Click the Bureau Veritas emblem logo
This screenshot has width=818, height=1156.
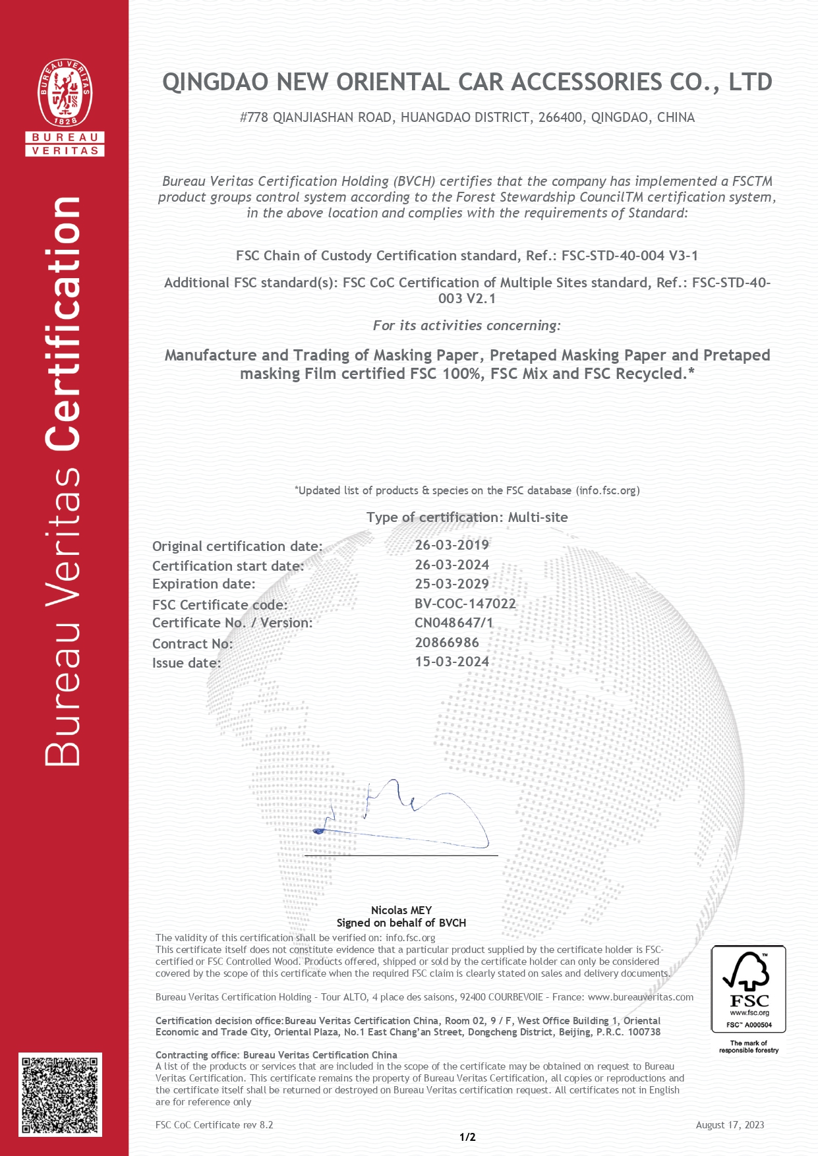(x=65, y=93)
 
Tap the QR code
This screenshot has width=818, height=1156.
(x=60, y=1094)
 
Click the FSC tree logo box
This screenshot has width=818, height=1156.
(x=748, y=989)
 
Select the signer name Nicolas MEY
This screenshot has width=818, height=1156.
(x=401, y=910)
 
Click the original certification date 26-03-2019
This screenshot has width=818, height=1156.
(x=452, y=545)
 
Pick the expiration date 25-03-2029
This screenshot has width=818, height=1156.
(x=452, y=584)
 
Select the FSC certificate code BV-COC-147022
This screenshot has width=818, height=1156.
(x=465, y=604)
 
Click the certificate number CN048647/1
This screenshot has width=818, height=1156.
(x=453, y=623)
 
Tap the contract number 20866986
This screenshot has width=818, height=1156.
(x=447, y=643)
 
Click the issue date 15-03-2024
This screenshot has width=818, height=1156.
(x=452, y=662)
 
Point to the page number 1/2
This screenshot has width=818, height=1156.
(x=467, y=1137)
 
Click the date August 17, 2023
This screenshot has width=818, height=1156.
(x=730, y=1125)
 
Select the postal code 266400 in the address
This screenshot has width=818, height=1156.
(x=560, y=118)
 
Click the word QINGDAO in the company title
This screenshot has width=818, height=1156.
(x=216, y=82)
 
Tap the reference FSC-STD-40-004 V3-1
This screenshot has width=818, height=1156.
(x=629, y=256)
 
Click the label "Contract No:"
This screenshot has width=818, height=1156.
(x=192, y=644)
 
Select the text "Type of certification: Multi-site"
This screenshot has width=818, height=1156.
(x=467, y=517)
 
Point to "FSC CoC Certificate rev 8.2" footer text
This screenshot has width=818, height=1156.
(x=214, y=1125)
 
